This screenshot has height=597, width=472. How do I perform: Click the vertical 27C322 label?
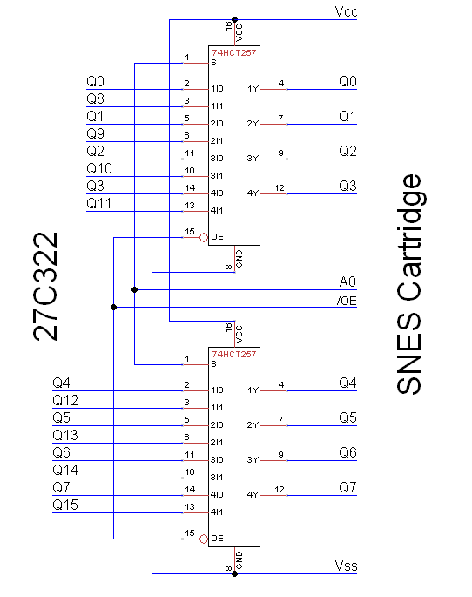click(44, 285)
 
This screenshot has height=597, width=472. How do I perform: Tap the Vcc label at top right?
click(346, 12)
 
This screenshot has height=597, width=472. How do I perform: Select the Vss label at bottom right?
click(346, 567)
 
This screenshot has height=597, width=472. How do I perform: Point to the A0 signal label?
click(347, 282)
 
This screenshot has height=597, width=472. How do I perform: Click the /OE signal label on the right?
click(346, 301)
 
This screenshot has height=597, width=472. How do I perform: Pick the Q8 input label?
click(96, 99)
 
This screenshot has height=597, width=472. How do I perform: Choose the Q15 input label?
click(65, 505)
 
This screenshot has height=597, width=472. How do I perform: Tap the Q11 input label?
click(98, 204)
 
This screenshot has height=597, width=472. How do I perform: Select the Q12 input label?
click(65, 401)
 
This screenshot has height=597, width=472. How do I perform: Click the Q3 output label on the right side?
click(347, 187)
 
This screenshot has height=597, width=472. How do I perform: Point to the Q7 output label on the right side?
click(347, 488)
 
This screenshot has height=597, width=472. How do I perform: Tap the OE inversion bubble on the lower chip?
click(204, 539)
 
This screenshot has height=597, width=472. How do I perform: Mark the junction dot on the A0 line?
click(134, 289)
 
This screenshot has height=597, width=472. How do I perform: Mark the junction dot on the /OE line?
click(113, 307)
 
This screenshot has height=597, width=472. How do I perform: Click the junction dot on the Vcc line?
click(235, 18)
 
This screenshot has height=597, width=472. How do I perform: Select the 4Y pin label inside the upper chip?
click(253, 193)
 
